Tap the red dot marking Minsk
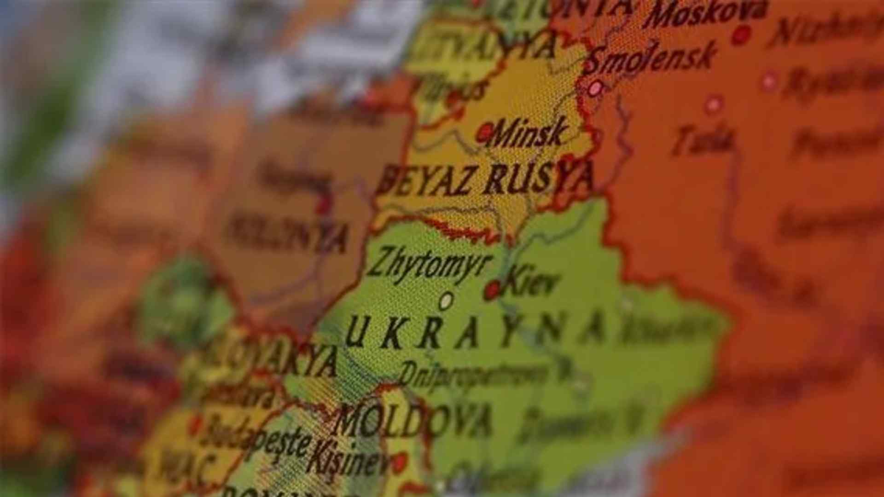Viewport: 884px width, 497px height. [x=484, y=133]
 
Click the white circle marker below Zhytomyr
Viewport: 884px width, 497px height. [x=445, y=301]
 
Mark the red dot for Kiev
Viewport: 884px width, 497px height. [x=492, y=290]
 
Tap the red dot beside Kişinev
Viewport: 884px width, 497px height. [x=399, y=462]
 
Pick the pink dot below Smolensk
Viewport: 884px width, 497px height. [x=596, y=87]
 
